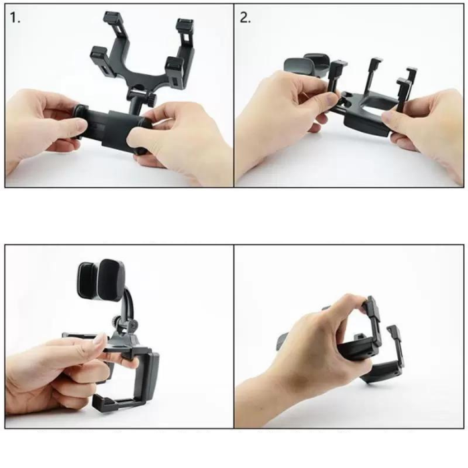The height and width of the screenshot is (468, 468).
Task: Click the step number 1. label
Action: tap(15, 18)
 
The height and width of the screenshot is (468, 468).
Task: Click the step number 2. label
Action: tap(245, 18)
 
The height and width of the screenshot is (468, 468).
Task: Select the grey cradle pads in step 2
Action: tap(304, 64)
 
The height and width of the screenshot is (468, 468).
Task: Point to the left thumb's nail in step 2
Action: tap(329, 100)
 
